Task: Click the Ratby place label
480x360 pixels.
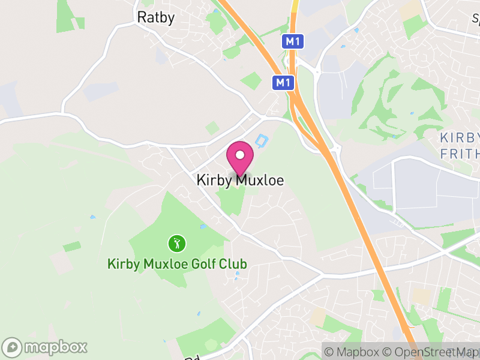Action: [x=156, y=17]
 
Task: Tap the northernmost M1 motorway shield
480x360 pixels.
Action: [x=292, y=41]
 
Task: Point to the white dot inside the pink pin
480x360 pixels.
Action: [x=240, y=155]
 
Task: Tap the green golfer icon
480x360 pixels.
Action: [x=176, y=244]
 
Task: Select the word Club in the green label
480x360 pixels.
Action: [x=232, y=264]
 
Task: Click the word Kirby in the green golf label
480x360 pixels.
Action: [x=121, y=264]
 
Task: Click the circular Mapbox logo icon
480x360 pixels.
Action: [x=13, y=347]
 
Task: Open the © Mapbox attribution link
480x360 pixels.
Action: [x=354, y=352]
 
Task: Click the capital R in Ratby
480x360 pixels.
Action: [x=142, y=17]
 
